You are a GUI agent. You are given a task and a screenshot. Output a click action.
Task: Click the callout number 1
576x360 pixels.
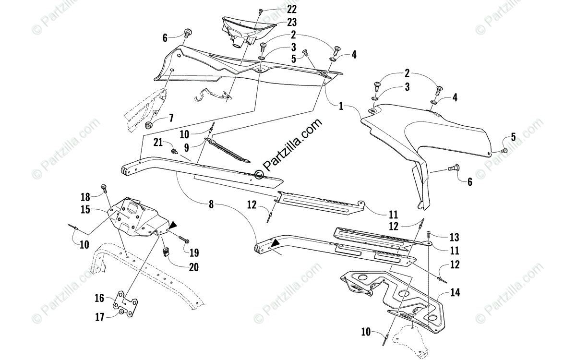(341, 107)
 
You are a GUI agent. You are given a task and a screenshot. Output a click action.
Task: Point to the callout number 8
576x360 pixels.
(211, 204)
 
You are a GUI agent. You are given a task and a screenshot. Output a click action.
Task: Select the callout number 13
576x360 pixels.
(455, 237)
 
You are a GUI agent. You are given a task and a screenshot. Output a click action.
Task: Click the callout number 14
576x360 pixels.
(455, 292)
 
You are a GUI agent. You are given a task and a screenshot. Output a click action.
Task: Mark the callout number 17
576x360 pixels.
(99, 317)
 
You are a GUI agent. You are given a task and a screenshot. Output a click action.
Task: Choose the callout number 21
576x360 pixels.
(158, 142)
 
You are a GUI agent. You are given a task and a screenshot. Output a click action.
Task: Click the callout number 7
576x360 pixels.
(170, 118)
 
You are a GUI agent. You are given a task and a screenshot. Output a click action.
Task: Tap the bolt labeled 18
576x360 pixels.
(104, 188)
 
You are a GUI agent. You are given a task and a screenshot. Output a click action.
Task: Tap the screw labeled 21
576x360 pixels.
(174, 151)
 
